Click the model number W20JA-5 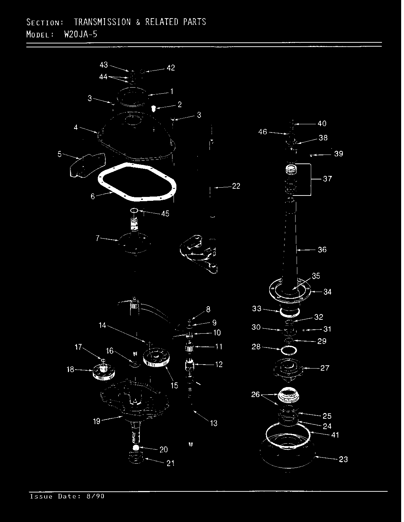pyautogui.click(x=81, y=35)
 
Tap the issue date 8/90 pyautogui.click(x=97, y=496)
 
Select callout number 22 pyautogui.click(x=236, y=186)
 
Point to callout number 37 pyautogui.click(x=328, y=179)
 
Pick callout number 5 pyautogui.click(x=59, y=154)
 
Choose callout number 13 pyautogui.click(x=214, y=423)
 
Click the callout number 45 pyautogui.click(x=165, y=214)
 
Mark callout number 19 pyautogui.click(x=97, y=421)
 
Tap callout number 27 pyautogui.click(x=325, y=368)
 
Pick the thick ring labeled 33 pyautogui.click(x=289, y=312)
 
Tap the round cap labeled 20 pyautogui.click(x=135, y=447)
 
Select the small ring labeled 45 pyautogui.click(x=134, y=211)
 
